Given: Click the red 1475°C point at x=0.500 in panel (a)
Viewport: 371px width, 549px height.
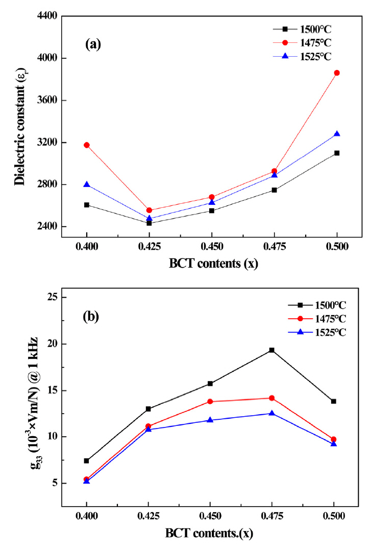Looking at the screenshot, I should pyautogui.click(x=337, y=73).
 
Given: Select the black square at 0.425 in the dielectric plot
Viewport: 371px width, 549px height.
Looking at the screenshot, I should pyautogui.click(x=149, y=223).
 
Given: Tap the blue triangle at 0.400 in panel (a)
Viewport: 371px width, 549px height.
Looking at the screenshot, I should pyautogui.click(x=87, y=184).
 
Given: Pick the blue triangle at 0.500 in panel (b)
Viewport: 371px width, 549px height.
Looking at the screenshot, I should pyautogui.click(x=334, y=444).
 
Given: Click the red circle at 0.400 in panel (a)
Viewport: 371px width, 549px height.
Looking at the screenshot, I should pyautogui.click(x=87, y=145).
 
